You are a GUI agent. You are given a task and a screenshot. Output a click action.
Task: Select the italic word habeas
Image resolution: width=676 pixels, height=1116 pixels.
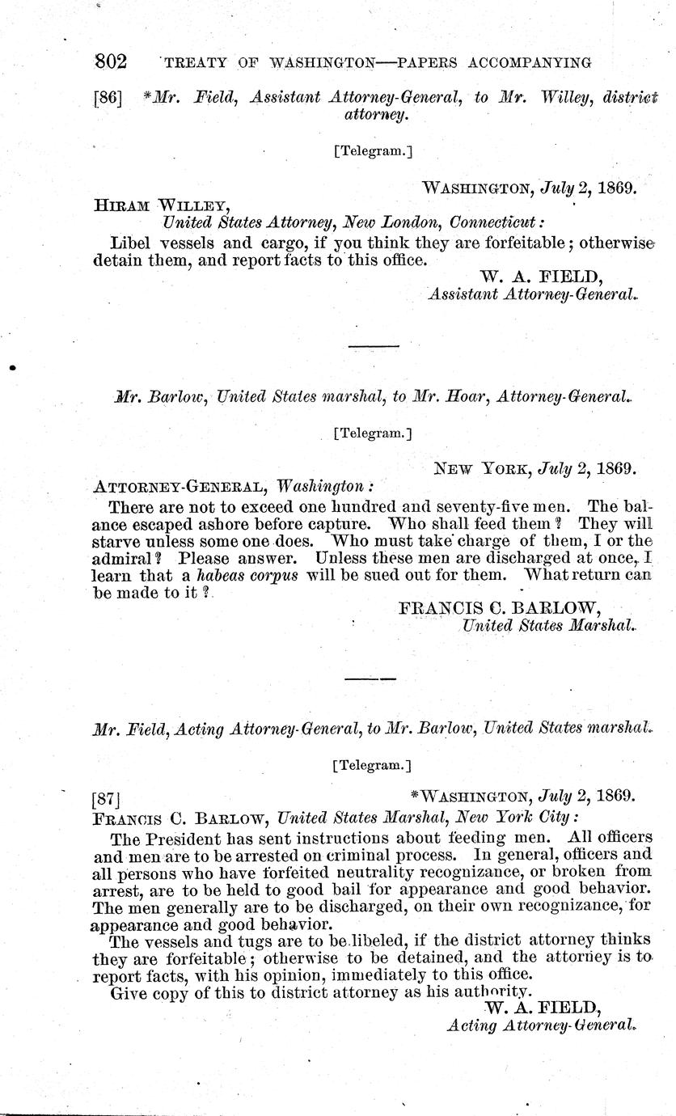pos(202,574)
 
